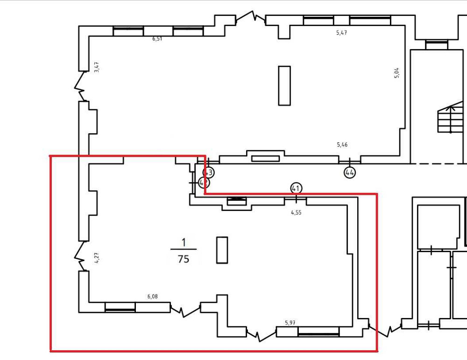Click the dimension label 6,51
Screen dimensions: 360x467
[x=157, y=39]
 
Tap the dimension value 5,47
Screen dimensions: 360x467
[x=342, y=33]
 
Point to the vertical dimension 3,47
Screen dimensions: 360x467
[x=97, y=67]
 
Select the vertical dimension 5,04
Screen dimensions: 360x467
[x=396, y=73]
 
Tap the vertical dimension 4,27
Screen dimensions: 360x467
[x=97, y=258]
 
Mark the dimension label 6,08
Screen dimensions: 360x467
[x=153, y=296]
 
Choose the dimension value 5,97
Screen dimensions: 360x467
[x=291, y=323]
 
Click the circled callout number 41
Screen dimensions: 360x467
[x=296, y=188]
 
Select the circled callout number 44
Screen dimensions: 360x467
[x=350, y=172]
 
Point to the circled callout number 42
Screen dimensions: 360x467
[x=203, y=183]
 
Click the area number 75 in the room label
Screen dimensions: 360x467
[x=184, y=259]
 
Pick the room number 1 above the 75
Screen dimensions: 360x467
[x=184, y=242]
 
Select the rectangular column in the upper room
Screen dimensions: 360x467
[x=284, y=85]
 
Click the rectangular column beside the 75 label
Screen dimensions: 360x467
[x=222, y=250]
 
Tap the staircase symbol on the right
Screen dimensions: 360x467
[x=447, y=120]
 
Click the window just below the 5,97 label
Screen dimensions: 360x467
[x=318, y=332]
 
